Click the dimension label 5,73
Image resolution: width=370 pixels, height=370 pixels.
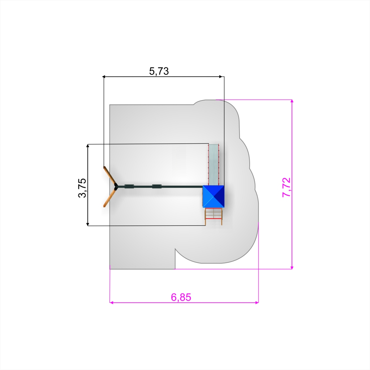tap(159, 71)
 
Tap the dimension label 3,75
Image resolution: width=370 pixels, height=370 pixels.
tap(82, 188)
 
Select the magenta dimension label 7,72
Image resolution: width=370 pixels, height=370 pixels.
tap(287, 187)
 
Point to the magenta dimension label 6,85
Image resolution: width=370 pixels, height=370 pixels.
tap(181, 297)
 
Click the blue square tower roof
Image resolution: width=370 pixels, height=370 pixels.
tap(213, 196)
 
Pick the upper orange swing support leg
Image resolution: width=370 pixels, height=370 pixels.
tap(110, 176)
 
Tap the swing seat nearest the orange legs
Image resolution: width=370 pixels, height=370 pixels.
tap(129, 186)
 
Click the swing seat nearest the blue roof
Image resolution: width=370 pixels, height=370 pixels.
tap(157, 186)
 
